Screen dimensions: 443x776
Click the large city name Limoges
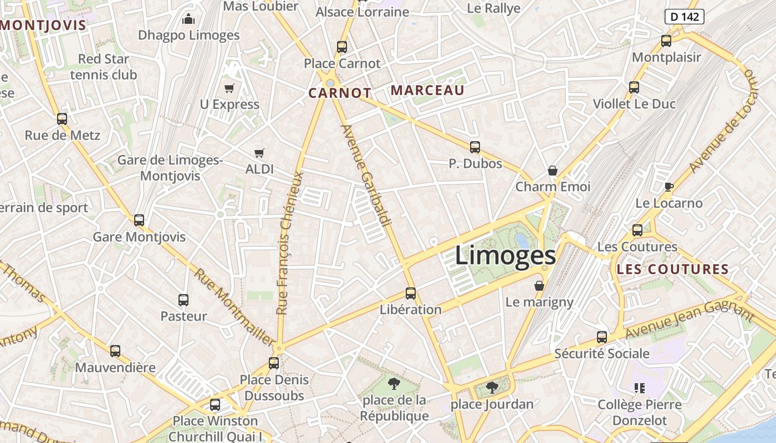505,256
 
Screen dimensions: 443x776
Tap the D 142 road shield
684,17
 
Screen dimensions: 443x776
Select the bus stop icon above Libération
411,293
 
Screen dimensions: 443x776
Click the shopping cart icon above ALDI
259,153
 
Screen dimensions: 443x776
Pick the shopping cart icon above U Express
229,88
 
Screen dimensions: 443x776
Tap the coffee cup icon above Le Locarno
668,187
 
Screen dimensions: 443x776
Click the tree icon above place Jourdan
492,387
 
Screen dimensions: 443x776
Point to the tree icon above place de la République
394,383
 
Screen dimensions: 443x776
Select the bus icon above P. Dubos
475,147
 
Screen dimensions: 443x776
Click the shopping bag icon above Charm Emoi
552,170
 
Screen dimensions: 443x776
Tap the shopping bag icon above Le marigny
539,286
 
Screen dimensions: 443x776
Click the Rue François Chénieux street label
290,244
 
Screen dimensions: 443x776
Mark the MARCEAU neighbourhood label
427,90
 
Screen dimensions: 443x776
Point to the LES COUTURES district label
672,270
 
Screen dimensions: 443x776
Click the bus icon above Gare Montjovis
139,220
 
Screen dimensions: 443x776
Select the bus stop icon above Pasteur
183,300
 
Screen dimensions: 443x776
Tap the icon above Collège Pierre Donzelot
640,388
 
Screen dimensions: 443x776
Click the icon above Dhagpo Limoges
188,19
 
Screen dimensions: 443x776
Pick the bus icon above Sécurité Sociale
602,337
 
